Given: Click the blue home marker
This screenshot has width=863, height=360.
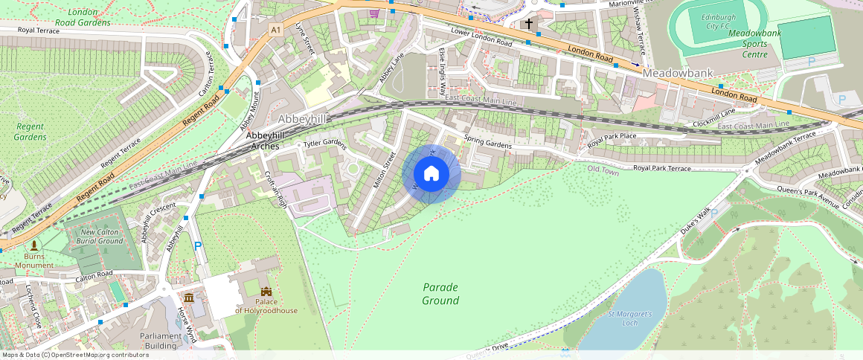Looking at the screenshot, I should [431, 174].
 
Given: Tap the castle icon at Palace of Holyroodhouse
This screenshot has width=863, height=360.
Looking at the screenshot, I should [266, 292].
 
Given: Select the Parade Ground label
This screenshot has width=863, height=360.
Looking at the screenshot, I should [440, 294].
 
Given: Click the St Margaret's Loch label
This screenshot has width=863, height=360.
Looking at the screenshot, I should [629, 318].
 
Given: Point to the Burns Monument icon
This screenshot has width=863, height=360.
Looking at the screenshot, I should [33, 245].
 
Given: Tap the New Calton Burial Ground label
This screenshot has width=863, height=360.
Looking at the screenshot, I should [100, 236].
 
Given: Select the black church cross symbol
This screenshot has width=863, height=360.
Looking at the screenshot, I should [529, 24].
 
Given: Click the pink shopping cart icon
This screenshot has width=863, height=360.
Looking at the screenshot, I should [373, 13].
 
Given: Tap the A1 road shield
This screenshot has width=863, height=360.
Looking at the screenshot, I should [276, 29].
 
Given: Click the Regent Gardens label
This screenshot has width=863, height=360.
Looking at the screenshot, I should [31, 132].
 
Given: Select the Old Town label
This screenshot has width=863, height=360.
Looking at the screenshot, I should [603, 170].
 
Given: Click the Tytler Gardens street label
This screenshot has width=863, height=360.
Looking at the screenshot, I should [325, 144].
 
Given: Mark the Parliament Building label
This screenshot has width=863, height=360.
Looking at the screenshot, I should [161, 341].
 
